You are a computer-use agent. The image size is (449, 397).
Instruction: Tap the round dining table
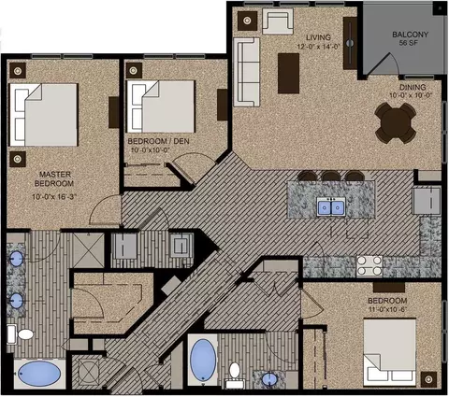point(396,122)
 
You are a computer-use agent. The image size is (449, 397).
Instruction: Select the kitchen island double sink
point(331,207)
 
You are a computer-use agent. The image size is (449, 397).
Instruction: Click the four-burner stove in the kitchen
point(369,265)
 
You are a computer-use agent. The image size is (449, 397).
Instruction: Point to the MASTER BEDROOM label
point(54,178)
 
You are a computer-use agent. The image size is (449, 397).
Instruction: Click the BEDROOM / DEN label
point(158,141)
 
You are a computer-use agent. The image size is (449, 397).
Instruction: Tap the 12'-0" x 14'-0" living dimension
point(318,46)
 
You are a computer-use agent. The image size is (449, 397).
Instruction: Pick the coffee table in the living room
point(288,74)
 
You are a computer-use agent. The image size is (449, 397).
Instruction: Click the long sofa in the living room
point(246,72)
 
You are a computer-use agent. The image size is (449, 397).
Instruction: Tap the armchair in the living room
point(278,21)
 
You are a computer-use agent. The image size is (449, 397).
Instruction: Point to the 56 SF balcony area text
point(408,43)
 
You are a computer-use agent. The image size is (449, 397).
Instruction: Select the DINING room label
point(413,87)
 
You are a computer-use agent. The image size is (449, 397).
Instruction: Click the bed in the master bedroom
point(44,115)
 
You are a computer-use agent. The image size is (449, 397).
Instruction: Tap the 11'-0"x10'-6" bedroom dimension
point(387,309)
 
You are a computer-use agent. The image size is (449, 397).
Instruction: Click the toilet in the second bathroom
point(235,375)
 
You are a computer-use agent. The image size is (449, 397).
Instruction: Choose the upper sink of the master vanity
point(17,259)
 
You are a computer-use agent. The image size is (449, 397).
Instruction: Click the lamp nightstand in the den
point(134,70)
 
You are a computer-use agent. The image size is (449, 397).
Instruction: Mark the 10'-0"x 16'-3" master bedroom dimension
point(54,197)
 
